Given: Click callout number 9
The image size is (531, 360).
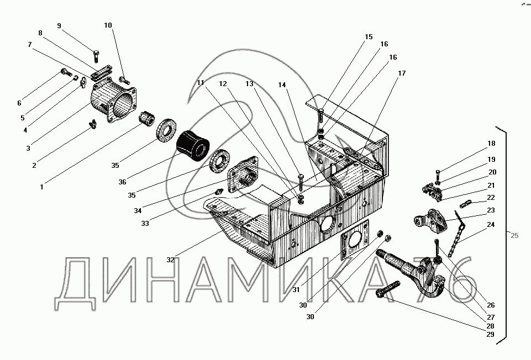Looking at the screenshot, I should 60,25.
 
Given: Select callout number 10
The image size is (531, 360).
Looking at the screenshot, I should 108,25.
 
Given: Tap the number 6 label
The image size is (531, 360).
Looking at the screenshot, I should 19,103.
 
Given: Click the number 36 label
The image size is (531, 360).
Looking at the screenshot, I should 122,182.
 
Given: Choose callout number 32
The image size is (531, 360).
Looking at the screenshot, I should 170,259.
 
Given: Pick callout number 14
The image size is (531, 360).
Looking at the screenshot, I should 282,85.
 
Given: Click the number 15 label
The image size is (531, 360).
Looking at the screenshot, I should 369,37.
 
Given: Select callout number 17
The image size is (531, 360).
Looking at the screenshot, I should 401,73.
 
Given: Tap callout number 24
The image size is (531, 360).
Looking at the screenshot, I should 491,225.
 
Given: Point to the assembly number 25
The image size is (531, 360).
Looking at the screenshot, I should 514,236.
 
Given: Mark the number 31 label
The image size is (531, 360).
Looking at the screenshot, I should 296,290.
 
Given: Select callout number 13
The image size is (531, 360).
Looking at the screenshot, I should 250,84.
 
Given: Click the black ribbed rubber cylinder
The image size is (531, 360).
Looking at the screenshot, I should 193,145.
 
